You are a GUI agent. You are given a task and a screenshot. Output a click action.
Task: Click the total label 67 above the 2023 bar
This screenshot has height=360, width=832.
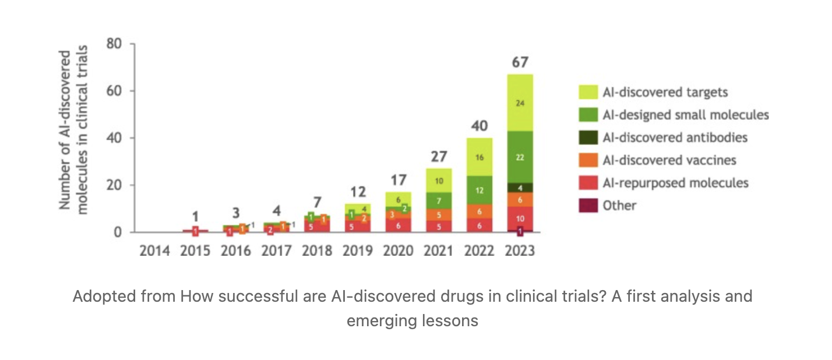click(519, 62)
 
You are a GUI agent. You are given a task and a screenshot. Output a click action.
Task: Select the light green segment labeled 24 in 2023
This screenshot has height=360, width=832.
click(519, 103)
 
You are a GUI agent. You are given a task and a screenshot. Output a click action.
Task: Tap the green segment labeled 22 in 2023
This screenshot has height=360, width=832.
click(519, 157)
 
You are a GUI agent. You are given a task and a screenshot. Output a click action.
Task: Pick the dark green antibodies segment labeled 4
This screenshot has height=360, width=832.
click(519, 188)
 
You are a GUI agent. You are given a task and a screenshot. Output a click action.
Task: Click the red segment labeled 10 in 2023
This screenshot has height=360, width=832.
click(519, 218)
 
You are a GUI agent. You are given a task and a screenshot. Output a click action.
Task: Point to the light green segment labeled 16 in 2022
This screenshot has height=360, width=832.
click(480, 157)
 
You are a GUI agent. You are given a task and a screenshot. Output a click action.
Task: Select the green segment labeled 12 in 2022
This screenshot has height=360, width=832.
click(480, 190)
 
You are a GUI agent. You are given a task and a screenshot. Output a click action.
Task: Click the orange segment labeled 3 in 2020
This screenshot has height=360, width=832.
click(393, 215)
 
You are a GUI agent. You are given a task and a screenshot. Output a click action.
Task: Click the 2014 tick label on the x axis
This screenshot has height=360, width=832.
click(154, 251)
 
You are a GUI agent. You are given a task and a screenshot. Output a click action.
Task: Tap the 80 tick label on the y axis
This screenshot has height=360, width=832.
click(114, 44)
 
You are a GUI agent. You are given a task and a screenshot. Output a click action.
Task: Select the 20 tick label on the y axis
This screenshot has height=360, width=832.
click(114, 185)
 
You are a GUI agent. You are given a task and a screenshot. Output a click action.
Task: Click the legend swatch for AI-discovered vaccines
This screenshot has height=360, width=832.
click(588, 160)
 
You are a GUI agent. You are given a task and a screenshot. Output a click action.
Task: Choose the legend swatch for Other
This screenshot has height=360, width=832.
click(588, 205)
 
